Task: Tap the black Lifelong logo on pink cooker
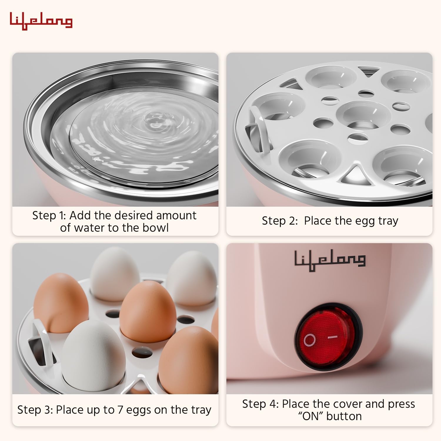(330, 260)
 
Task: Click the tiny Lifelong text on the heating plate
(98, 160)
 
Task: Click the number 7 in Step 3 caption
(120, 410)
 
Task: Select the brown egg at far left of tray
(60, 300)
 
